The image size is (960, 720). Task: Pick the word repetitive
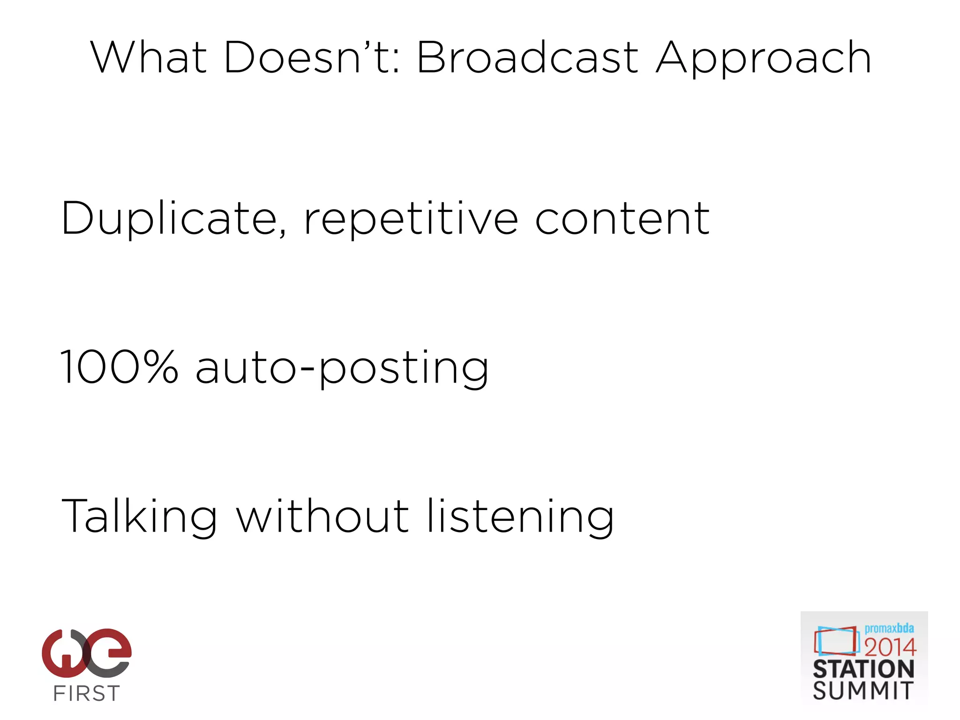pos(411,219)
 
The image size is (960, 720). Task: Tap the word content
pos(622,219)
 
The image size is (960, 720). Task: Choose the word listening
pos(520,517)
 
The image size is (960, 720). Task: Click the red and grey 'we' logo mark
pos(87,652)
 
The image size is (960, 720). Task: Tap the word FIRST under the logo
pos(87,693)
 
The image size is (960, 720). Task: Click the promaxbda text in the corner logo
pos(889,628)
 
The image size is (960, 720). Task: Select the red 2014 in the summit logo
pos(890,647)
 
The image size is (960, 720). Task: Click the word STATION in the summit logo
pos(863,669)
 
